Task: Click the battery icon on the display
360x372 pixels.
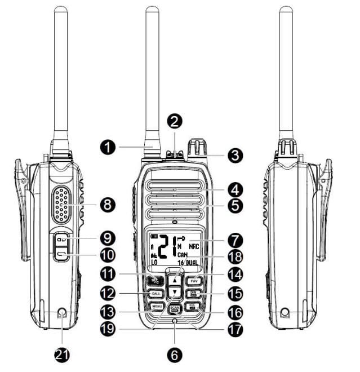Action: click(x=154, y=237)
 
